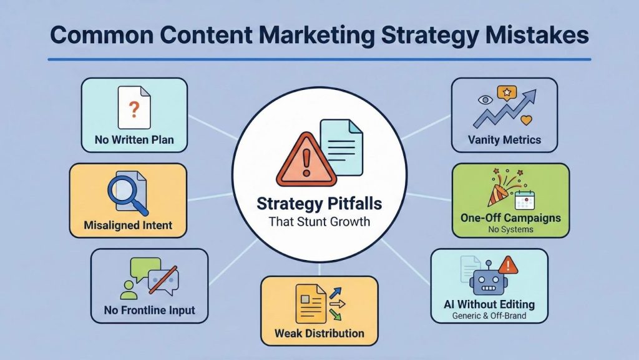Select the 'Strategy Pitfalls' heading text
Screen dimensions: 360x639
pyautogui.click(x=319, y=204)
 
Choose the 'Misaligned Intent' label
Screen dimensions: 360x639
pyautogui.click(x=127, y=224)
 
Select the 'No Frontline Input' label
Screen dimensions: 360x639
pyautogui.click(x=149, y=309)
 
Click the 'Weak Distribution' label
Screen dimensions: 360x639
pyautogui.click(x=319, y=333)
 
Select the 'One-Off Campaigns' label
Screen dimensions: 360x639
pyautogui.click(x=510, y=218)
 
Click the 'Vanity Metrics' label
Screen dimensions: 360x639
pyautogui.click(x=504, y=140)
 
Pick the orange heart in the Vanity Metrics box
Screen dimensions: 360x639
pyautogui.click(x=527, y=119)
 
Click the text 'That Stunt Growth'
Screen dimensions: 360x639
pyautogui.click(x=319, y=221)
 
